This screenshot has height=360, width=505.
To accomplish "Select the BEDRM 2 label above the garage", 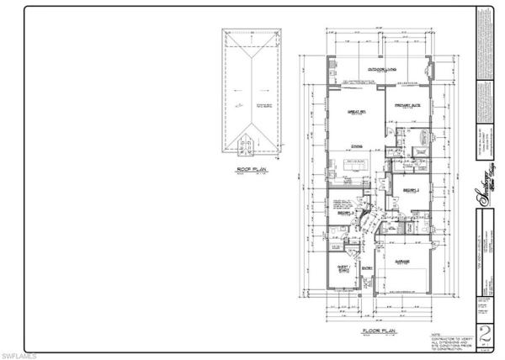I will click(409, 191).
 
